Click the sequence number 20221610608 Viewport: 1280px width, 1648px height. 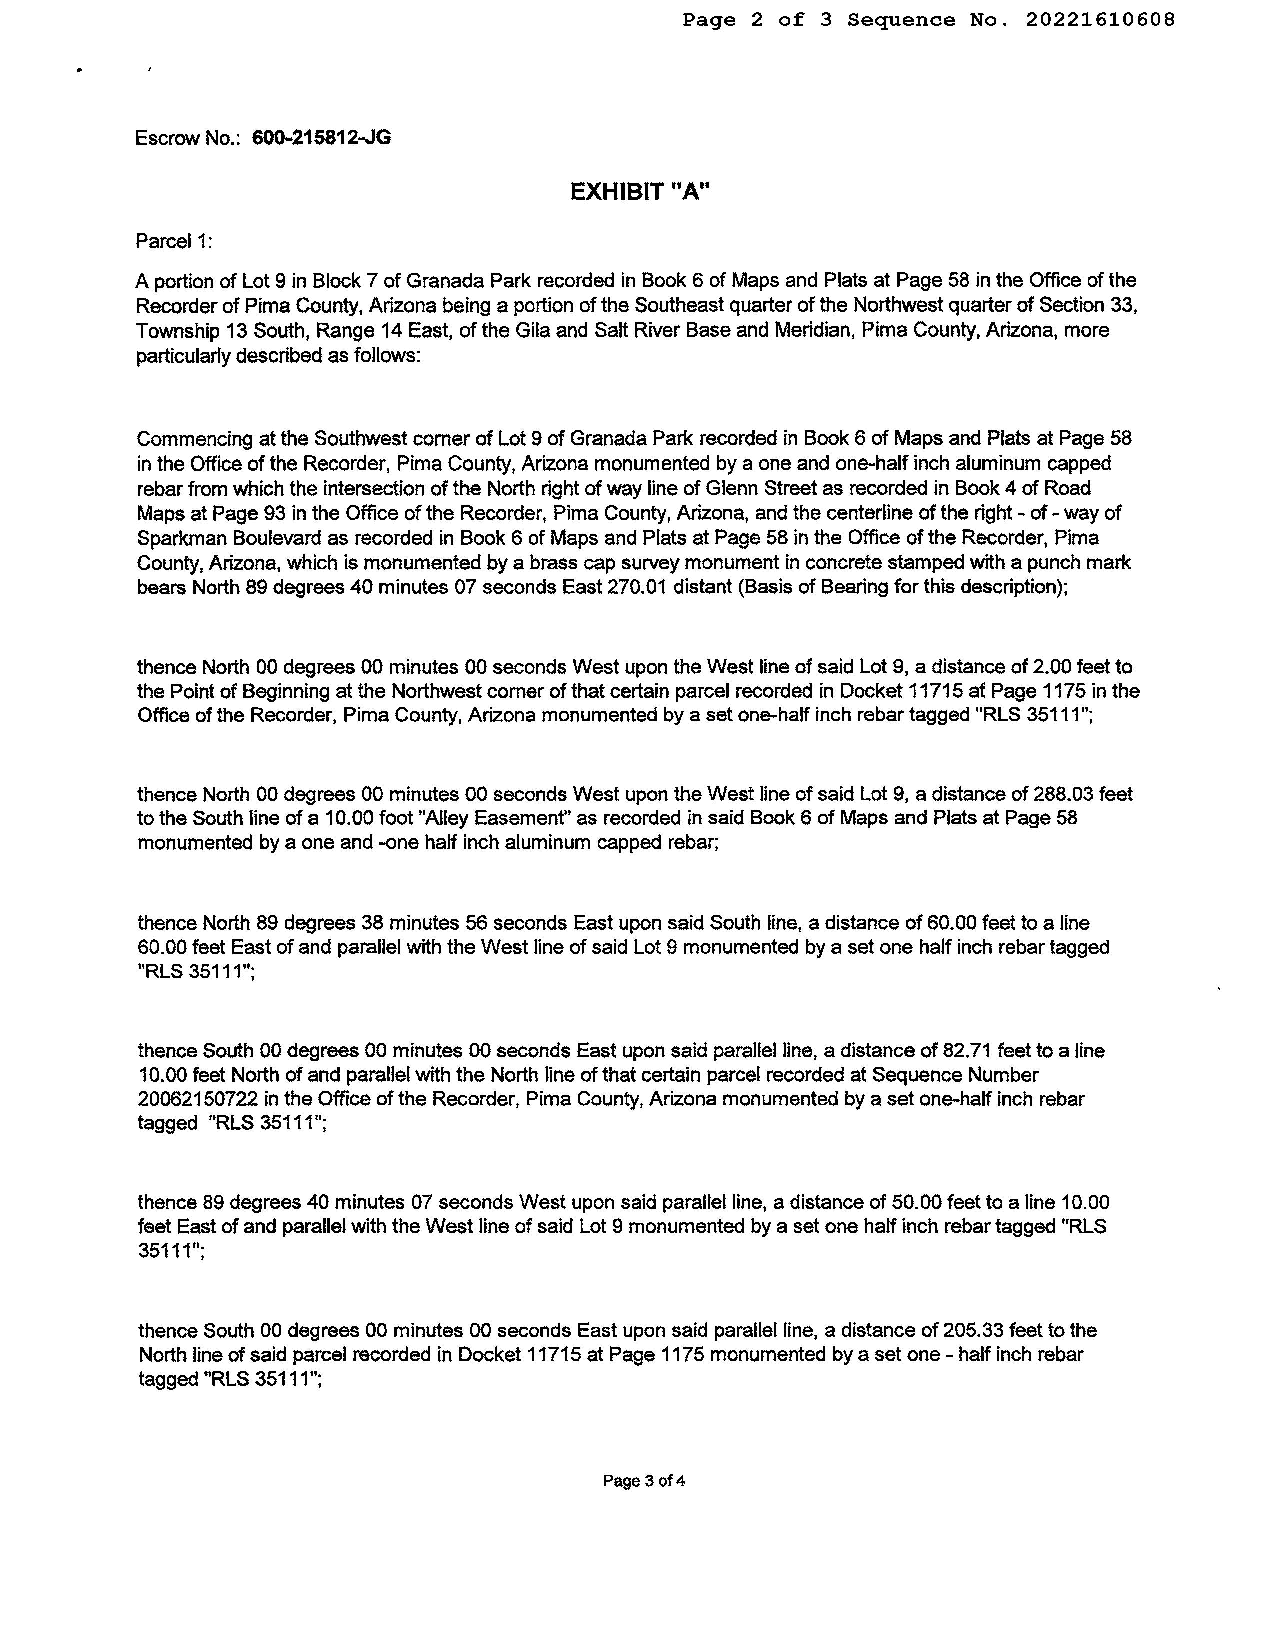point(1099,20)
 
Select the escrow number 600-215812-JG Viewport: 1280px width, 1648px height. point(321,138)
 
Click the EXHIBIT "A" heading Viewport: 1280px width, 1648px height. point(640,192)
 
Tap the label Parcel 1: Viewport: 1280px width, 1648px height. point(173,241)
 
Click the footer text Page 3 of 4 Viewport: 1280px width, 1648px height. point(644,1480)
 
